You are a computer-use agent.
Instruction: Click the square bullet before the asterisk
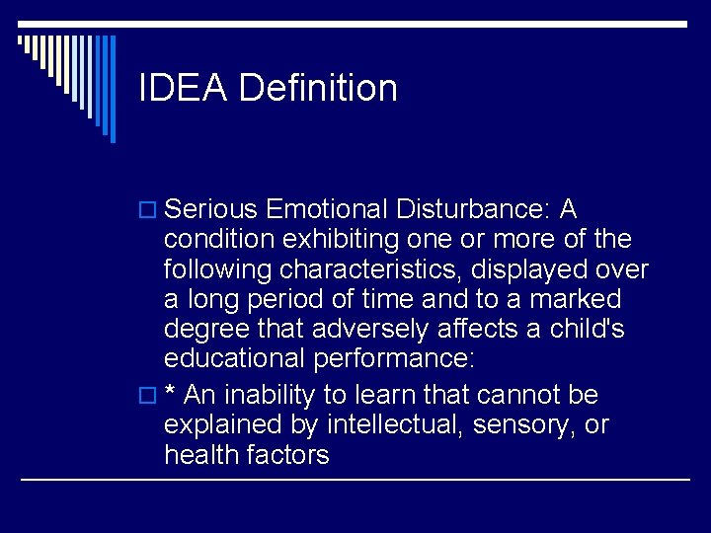point(148,397)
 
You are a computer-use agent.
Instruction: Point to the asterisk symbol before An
point(171,393)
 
